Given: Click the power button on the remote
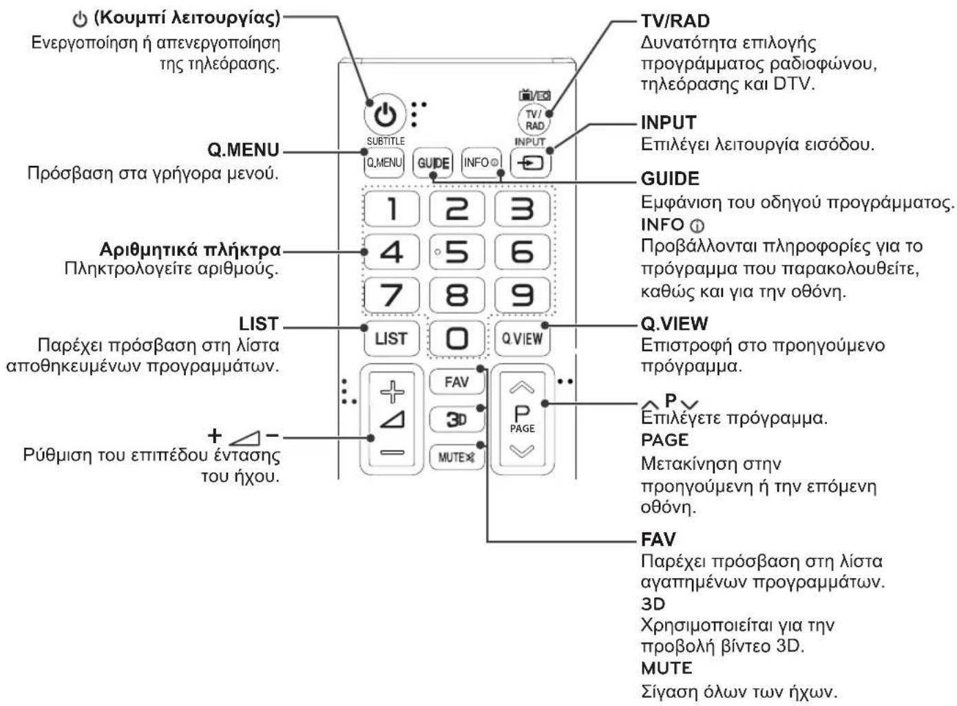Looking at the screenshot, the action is coord(385,115).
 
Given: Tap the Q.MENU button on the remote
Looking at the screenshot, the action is coord(383,163).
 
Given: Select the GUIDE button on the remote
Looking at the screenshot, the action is coord(433,163).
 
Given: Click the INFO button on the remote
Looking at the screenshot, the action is coord(481,163).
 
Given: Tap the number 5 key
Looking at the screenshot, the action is coord(457,252).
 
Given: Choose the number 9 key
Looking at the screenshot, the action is coord(522,295).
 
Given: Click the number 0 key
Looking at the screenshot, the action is coord(457,339).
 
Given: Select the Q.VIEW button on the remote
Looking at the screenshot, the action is coord(522,339).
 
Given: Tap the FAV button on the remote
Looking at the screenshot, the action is coord(457,382).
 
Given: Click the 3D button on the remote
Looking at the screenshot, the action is coord(457,419).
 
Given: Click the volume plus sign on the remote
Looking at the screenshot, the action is coord(392,392).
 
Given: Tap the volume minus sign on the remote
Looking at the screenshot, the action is coord(392,452).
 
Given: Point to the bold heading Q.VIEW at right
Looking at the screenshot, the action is coord(675,323).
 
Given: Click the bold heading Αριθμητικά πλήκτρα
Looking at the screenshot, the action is coord(190,250).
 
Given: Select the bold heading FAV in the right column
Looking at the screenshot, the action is coord(658,539).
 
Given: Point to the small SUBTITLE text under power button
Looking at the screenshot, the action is coord(386,141).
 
